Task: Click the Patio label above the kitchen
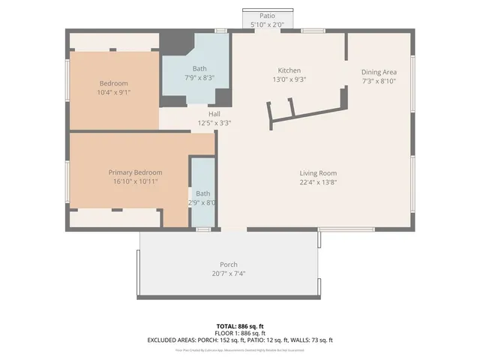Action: [267, 16]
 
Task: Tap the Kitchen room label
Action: [289, 70]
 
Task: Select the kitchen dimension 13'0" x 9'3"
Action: [289, 79]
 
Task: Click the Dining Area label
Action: [379, 72]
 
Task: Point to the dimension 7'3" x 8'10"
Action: [379, 81]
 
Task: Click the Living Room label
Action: [319, 173]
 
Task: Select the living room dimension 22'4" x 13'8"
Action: [319, 182]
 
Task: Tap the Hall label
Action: [214, 114]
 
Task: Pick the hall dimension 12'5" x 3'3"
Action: [214, 123]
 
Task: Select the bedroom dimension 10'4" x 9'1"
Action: [114, 92]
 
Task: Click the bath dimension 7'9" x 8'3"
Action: [199, 77]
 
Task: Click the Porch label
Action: [229, 265]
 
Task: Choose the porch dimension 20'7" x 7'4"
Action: [229, 274]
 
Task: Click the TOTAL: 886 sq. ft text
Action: [240, 326]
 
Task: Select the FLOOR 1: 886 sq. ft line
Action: [240, 333]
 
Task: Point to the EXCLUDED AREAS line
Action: [240, 340]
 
